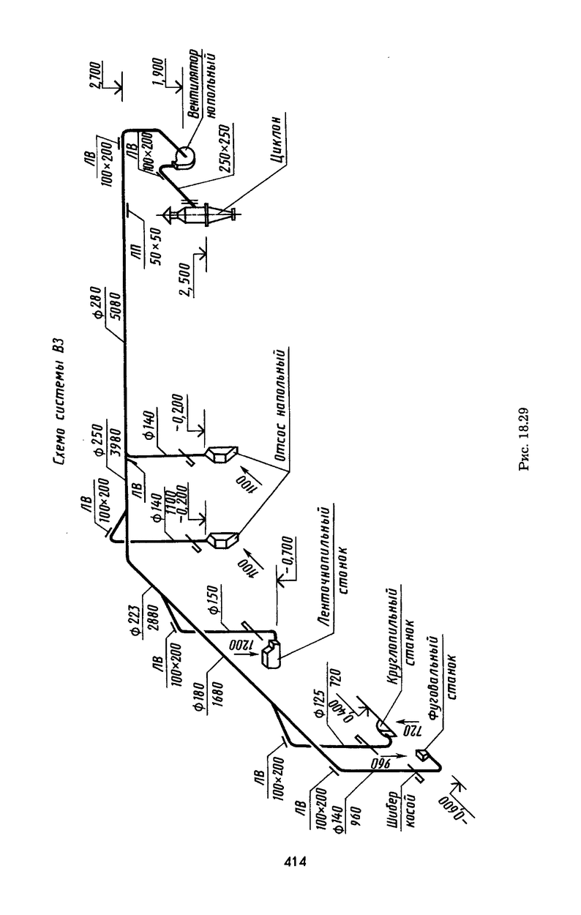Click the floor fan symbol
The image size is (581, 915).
pos(184,156)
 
